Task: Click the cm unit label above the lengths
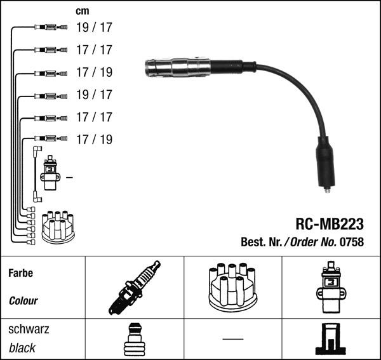[x=82, y=11]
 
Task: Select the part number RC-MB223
[x=330, y=223]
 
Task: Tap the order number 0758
[x=352, y=242]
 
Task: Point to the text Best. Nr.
[x=262, y=242]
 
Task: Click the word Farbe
[x=20, y=273]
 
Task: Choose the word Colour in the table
[x=23, y=301]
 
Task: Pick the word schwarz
[x=29, y=329]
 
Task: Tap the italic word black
[x=22, y=348]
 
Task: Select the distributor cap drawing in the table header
[x=232, y=287]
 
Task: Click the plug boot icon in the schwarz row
[x=134, y=339]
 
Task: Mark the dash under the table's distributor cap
[x=232, y=339]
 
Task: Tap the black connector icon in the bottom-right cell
[x=330, y=340]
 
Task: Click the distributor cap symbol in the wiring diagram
[x=58, y=227]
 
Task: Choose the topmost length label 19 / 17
[x=94, y=27]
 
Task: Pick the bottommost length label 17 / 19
[x=94, y=139]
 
